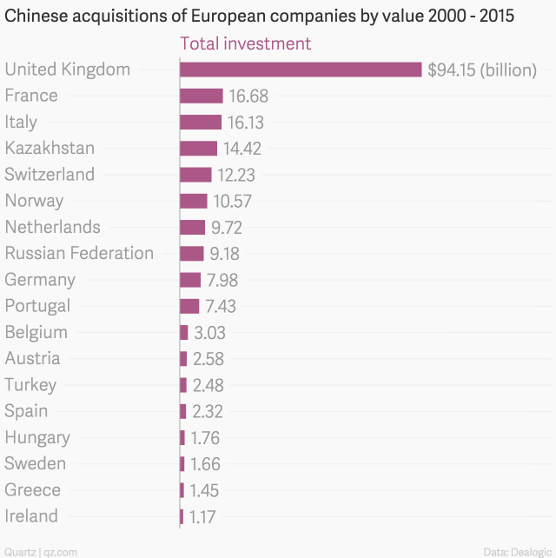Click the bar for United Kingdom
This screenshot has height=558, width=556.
pos(301,70)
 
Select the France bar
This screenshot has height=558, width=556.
pos(201,96)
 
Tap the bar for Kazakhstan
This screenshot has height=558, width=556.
pos(198,149)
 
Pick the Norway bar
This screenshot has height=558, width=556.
pos(193,201)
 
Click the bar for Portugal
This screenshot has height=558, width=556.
pos(189,306)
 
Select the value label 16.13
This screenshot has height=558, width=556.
pos(246,123)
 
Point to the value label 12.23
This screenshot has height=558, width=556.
pos(236,175)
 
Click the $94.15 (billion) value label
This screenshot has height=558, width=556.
pos(482,70)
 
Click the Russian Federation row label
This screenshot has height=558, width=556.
pos(79,254)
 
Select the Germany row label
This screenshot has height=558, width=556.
pos(40,280)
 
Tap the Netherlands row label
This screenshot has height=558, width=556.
pos(52,227)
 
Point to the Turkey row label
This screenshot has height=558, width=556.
pos(30,385)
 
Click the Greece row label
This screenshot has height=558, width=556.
pos(32,490)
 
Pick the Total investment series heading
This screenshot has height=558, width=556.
pos(244,43)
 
